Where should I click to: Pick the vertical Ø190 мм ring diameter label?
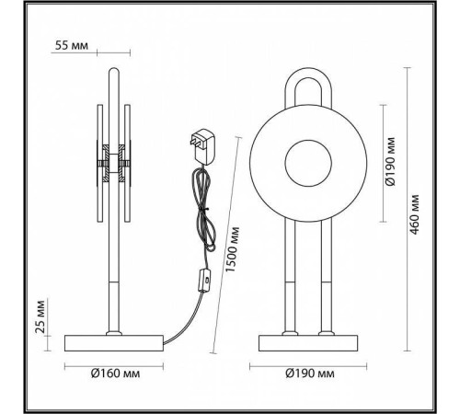[390, 165]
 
